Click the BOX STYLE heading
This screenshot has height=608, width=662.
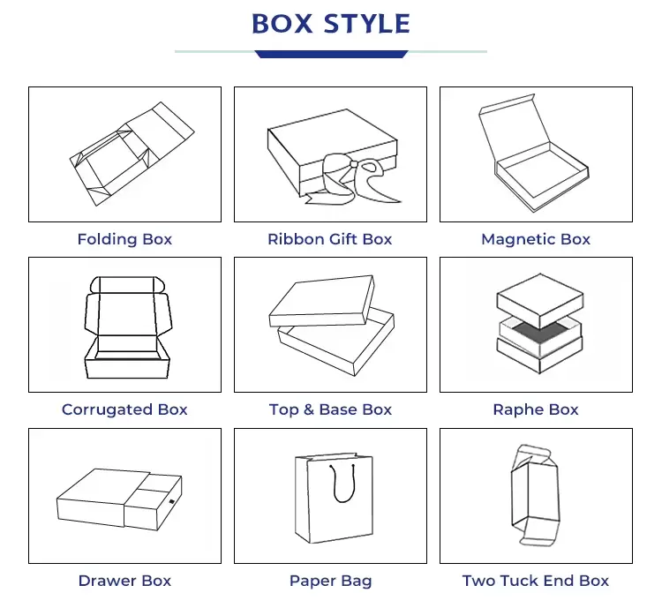331,24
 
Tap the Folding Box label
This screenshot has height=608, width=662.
124,239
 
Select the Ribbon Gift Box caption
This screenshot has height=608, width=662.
330,239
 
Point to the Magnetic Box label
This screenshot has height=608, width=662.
536,239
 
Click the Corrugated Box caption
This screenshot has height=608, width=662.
124,409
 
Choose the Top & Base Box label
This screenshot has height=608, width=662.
330,409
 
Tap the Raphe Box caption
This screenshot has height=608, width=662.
536,409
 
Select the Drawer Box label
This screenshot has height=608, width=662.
124,581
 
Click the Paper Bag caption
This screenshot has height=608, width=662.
330,581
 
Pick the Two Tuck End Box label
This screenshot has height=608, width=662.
536,581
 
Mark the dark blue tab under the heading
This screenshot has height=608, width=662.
331,55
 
